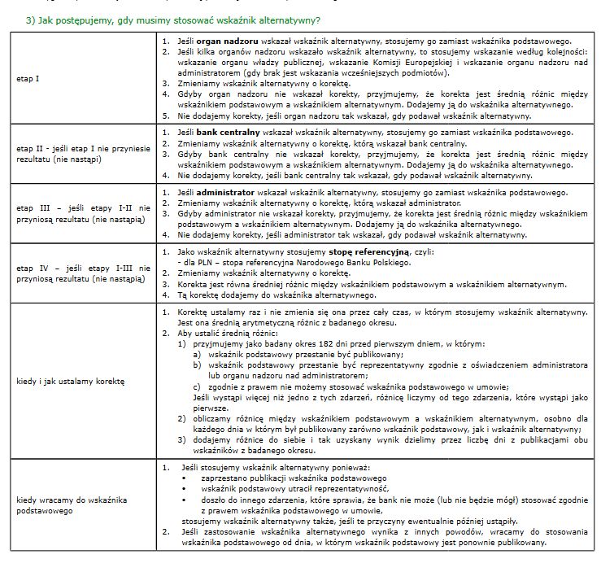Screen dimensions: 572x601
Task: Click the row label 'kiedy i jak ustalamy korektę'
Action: (x=68, y=381)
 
